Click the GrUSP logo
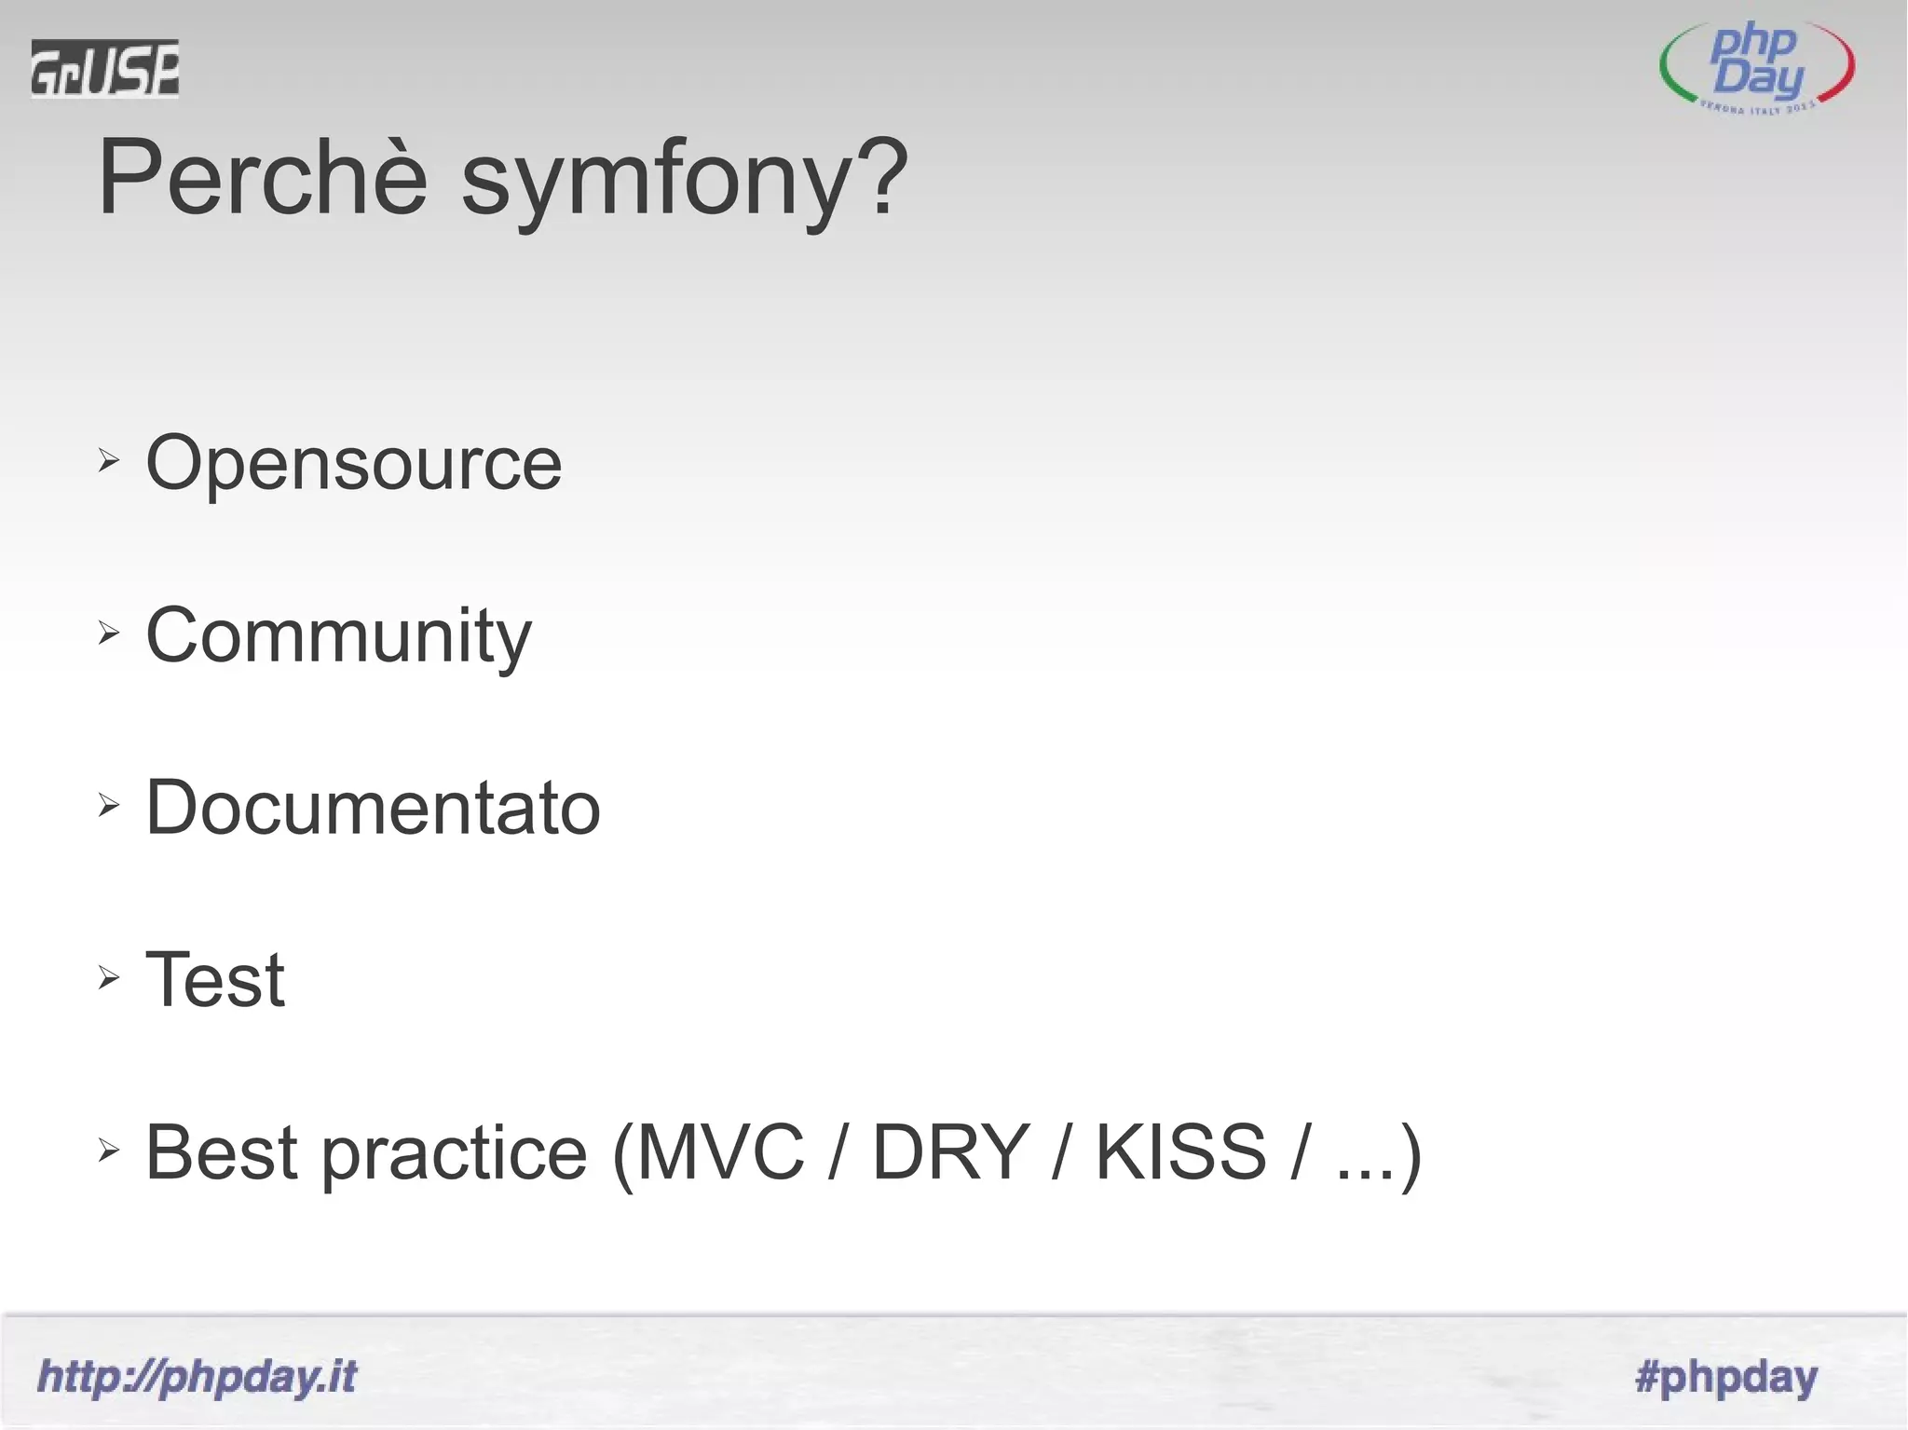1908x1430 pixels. point(104,68)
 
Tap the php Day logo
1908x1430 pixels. point(1757,68)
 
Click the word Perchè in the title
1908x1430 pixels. point(263,177)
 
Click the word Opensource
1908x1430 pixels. point(354,463)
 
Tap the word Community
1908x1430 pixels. point(338,636)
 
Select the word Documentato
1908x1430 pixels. point(373,808)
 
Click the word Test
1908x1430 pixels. point(215,980)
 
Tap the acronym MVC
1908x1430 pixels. point(719,1152)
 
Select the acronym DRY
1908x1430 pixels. point(950,1152)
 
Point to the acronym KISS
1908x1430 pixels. point(1180,1152)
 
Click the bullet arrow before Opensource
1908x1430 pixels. point(109,460)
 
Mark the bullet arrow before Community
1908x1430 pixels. point(109,633)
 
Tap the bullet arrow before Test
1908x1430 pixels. point(109,977)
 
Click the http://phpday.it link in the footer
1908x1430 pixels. point(197,1377)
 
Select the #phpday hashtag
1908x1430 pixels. point(1726,1377)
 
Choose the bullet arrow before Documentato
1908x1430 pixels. point(109,805)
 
